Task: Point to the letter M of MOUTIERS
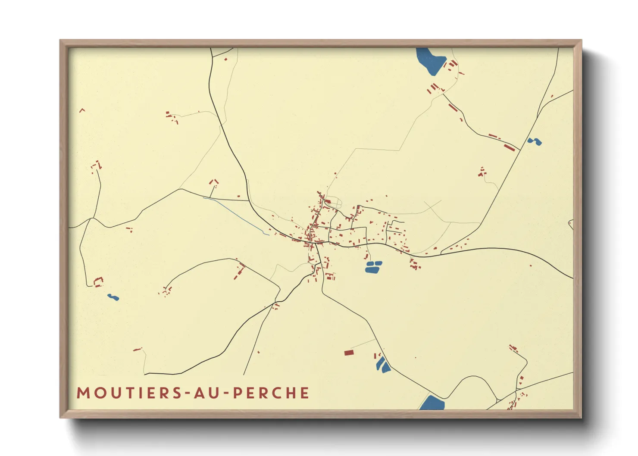[83, 393]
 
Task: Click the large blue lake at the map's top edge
[430, 60]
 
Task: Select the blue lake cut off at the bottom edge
[432, 404]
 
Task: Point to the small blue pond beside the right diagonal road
[535, 141]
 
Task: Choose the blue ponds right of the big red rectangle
[383, 365]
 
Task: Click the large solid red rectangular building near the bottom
[349, 353]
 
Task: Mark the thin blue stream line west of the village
[235, 216]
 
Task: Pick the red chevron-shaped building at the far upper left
[82, 110]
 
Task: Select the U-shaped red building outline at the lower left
[99, 282]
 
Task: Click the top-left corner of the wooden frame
[61, 41]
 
